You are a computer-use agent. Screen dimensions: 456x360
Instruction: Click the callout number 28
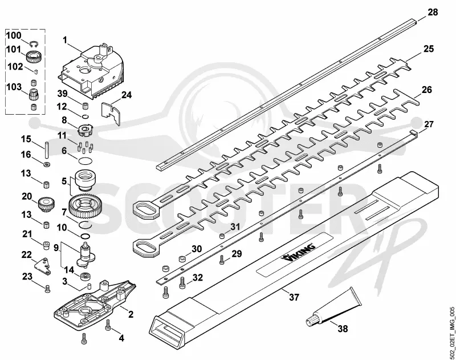(433, 12)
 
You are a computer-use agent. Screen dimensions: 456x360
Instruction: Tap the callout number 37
(294, 297)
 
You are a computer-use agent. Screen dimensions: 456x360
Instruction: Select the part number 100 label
(14, 35)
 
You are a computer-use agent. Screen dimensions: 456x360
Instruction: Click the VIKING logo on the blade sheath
(298, 252)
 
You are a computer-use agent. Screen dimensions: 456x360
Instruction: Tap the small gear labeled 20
(46, 204)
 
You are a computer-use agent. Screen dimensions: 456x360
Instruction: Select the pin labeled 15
(46, 149)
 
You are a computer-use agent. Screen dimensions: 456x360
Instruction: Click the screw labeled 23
(48, 289)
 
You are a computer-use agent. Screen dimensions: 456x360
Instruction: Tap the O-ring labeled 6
(85, 161)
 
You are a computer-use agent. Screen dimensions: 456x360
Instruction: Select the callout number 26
(426, 90)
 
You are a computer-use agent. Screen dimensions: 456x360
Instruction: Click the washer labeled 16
(47, 164)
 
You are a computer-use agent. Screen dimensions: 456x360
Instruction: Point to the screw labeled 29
(222, 260)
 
